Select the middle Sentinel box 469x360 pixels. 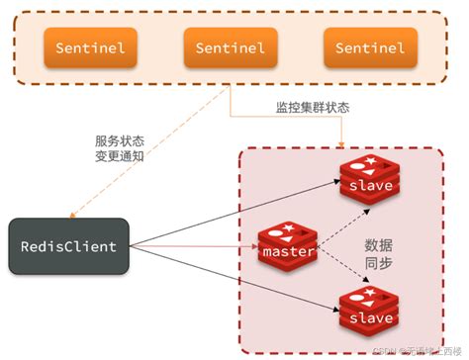coord(231,46)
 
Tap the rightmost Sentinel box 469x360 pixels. coord(370,46)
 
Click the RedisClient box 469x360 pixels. coord(68,246)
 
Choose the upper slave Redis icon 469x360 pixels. coord(367,179)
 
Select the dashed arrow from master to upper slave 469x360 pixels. coord(330,216)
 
